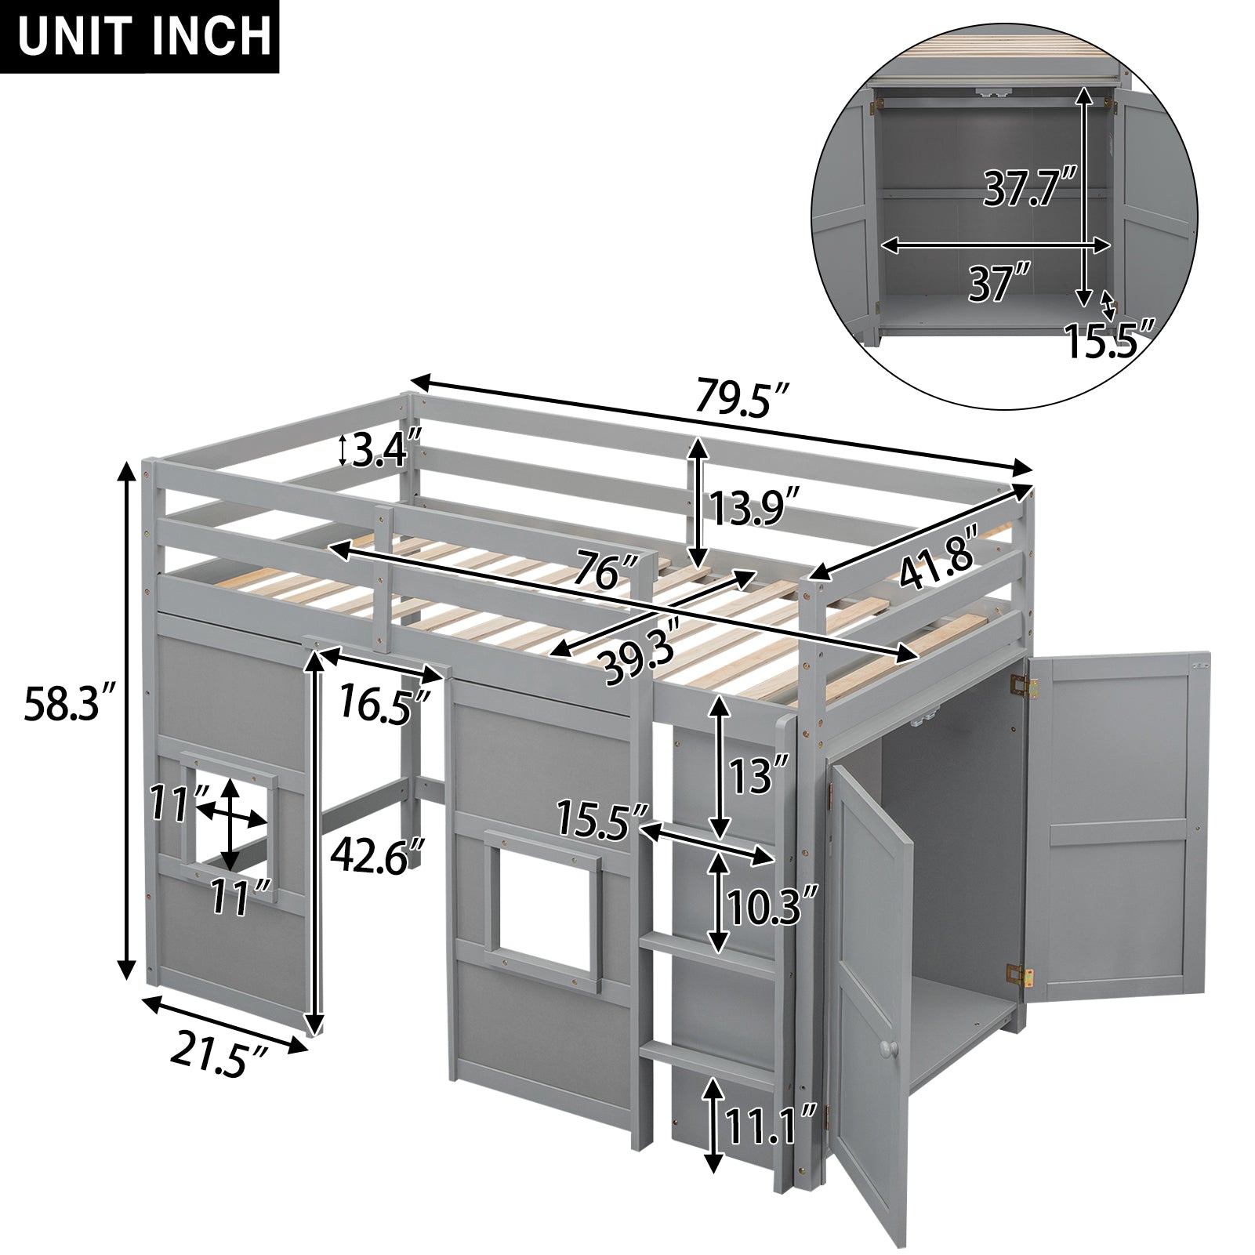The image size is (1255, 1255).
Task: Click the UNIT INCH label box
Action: click(140, 37)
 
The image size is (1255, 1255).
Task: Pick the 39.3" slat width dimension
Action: click(638, 657)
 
